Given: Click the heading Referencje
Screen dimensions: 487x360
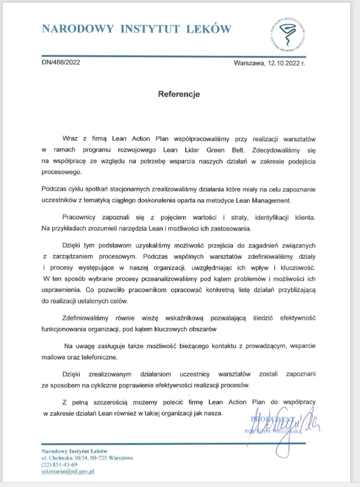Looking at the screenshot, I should (179, 94).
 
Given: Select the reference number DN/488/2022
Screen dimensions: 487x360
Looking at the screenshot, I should (61, 63).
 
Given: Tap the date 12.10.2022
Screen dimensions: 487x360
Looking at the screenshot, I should (283, 63).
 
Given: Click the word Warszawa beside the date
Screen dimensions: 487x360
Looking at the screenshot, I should (249, 63).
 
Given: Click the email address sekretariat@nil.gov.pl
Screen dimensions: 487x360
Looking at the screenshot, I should (68, 471).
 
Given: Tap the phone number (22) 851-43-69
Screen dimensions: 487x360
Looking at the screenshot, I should (59, 465).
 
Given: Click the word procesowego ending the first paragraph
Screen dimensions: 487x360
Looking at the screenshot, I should (61, 171).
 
